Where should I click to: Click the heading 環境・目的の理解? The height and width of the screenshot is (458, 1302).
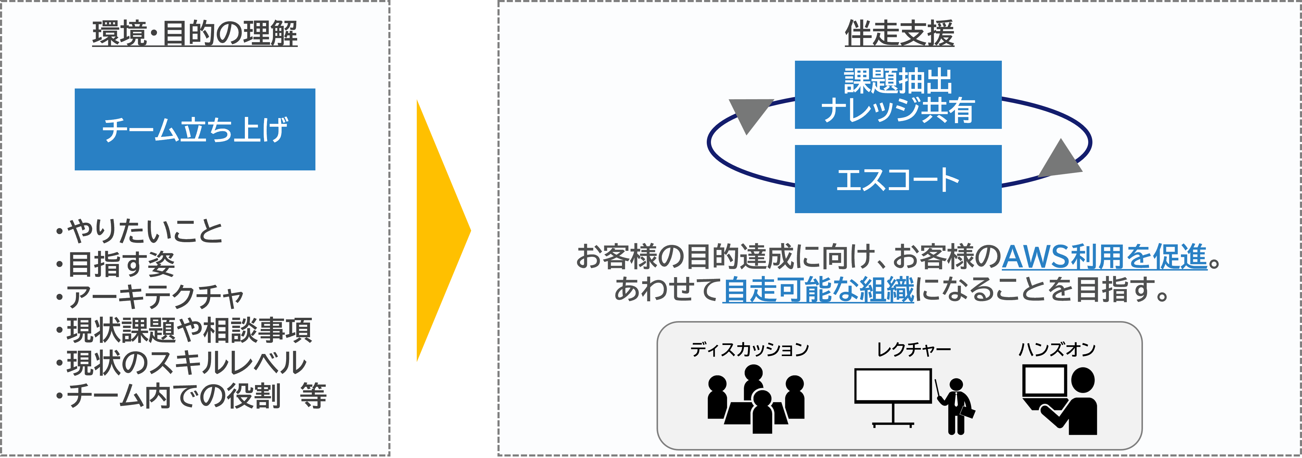point(195,33)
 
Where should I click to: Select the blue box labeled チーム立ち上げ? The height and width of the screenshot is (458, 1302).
point(195,129)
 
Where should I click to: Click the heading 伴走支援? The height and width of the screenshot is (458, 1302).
point(899,33)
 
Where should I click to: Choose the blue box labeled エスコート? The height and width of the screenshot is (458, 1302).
point(898,179)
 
